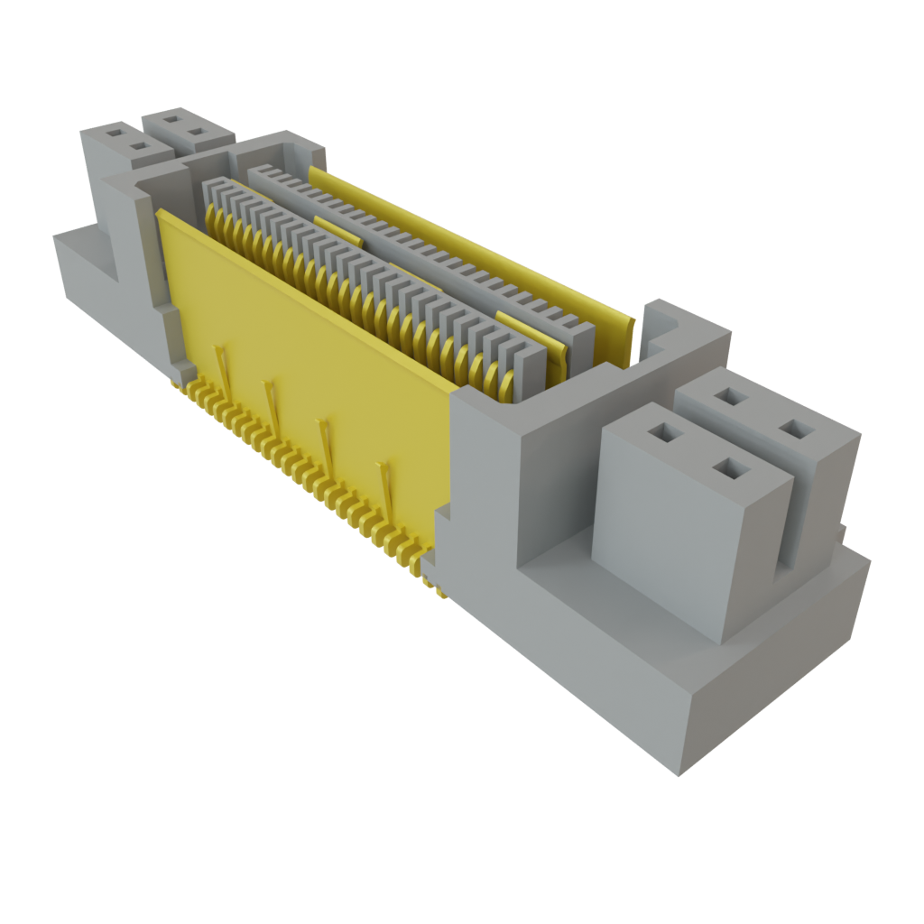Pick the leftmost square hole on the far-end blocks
coord(115,132)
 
